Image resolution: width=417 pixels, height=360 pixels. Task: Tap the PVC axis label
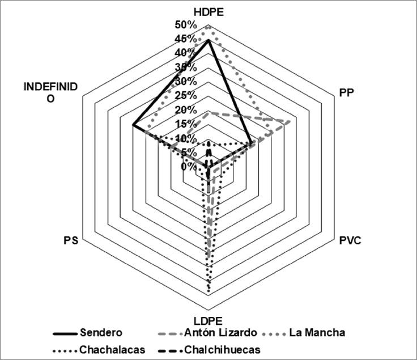coord(350,241)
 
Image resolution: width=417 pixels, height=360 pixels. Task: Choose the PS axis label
coord(71,241)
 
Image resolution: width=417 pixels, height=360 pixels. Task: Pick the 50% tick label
coord(186,25)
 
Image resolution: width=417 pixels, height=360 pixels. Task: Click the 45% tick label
coord(186,39)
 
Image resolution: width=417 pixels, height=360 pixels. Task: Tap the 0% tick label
coord(189,167)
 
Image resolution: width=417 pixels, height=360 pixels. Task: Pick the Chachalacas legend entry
coord(112,349)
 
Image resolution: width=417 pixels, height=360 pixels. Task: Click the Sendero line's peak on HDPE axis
coord(208,40)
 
